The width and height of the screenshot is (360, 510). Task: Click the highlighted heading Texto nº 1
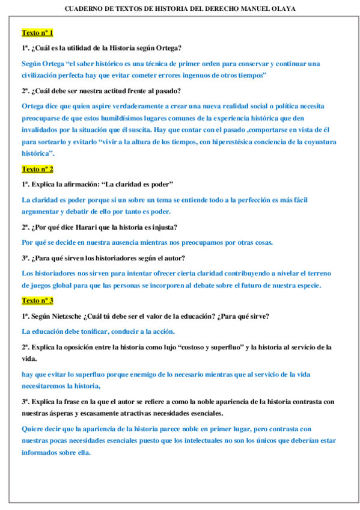(x=37, y=32)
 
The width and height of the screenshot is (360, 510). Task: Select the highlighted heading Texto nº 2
(x=37, y=169)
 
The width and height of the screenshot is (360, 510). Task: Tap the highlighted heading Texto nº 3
(x=37, y=300)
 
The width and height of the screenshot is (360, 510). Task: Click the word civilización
(x=43, y=75)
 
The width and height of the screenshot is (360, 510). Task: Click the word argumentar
(x=41, y=211)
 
